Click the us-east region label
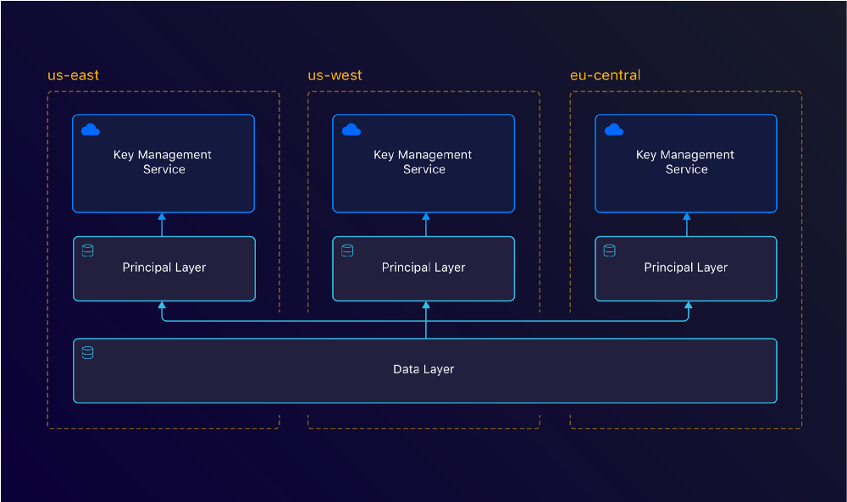(73, 75)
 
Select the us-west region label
(335, 75)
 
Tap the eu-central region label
(605, 75)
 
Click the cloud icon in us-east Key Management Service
(91, 130)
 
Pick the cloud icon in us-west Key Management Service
(351, 130)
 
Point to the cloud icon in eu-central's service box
(614, 130)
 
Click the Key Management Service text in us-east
(163, 162)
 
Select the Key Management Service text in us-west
(423, 162)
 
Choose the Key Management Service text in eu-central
(685, 162)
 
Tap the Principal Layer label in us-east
(163, 268)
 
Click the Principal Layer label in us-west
(423, 268)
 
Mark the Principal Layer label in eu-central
(685, 268)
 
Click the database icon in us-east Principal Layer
(87, 251)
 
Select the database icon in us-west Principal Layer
(347, 251)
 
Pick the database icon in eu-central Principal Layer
(609, 251)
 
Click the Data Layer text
(423, 369)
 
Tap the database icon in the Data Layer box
(87, 352)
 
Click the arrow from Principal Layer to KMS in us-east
(162, 224)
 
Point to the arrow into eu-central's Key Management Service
(687, 224)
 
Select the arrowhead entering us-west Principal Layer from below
(426, 306)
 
